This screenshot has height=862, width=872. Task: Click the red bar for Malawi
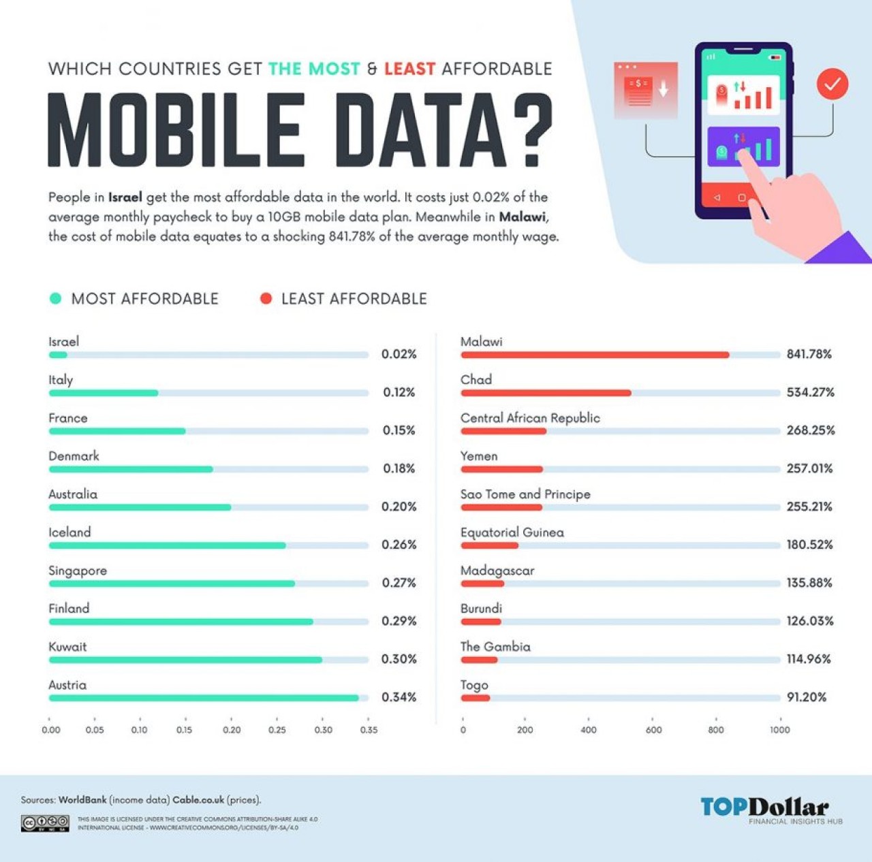tap(595, 355)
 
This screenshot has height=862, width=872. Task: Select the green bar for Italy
tap(104, 393)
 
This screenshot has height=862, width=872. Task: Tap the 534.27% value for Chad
tap(810, 392)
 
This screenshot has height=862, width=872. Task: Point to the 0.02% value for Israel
tap(399, 354)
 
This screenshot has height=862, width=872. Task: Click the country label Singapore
tap(78, 571)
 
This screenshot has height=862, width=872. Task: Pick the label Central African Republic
tap(530, 418)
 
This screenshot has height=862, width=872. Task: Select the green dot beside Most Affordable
tap(56, 298)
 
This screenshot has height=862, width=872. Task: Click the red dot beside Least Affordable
tap(266, 298)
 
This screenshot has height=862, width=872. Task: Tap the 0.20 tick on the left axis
tap(232, 729)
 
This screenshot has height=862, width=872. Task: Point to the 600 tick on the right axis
tap(653, 729)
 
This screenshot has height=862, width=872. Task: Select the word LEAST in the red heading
tap(409, 69)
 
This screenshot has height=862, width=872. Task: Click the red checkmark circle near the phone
tap(832, 84)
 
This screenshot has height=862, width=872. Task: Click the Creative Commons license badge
tap(45, 823)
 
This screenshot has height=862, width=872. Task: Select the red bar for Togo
tap(476, 698)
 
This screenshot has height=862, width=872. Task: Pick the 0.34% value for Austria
tap(399, 697)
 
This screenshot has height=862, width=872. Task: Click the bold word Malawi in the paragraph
tap(522, 217)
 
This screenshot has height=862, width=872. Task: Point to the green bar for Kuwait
tap(185, 660)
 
